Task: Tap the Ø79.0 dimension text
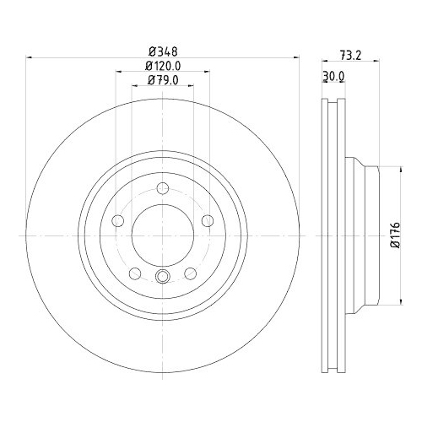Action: tap(163, 80)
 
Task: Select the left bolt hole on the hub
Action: tap(118, 221)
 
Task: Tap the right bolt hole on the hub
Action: tap(208, 221)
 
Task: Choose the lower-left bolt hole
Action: tap(135, 273)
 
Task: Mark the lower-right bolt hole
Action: tap(191, 273)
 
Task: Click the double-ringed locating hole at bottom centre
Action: tap(163, 275)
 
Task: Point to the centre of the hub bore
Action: tap(163, 233)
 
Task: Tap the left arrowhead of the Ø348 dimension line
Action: tap(30, 57)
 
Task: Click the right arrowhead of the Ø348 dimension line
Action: tap(296, 57)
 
